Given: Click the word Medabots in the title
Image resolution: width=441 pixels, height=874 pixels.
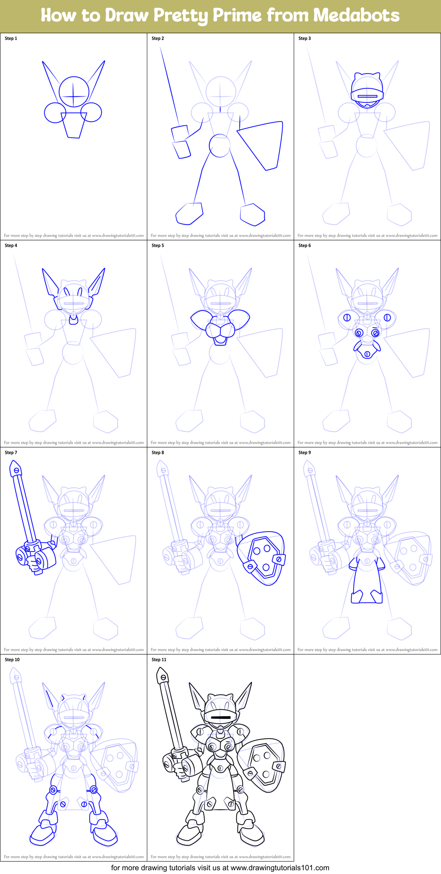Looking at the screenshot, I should coord(356,15).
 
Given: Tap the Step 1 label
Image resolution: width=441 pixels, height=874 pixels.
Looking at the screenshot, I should coord(11,39).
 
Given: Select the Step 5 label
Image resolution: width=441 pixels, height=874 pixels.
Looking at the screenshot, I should coord(158,246).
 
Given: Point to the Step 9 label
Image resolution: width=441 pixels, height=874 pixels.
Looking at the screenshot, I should coord(305,453).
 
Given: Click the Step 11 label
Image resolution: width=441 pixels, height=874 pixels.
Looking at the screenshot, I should coord(159,660).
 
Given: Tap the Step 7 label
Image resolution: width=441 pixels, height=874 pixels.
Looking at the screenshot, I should coord(11,453).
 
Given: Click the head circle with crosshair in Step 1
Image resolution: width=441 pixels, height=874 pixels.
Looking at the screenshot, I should coord(74,92).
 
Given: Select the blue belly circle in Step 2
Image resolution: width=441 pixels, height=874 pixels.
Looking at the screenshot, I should coord(219,146).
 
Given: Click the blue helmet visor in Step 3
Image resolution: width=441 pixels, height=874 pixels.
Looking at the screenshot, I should coord(367,95).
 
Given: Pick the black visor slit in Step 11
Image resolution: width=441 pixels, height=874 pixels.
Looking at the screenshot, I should coord(220,717).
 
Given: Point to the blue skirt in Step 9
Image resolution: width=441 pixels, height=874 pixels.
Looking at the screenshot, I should coord(367,581).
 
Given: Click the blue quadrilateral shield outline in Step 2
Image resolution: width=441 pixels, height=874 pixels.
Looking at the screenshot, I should coord(263,143).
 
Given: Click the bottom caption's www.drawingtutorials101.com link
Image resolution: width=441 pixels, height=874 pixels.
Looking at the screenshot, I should coord(280,868).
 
